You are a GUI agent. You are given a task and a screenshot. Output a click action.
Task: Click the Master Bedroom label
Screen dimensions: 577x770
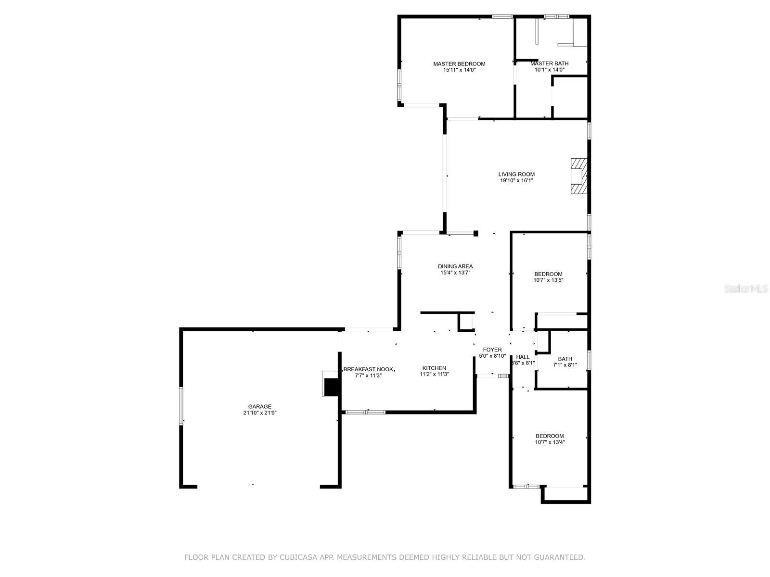[x=459, y=63]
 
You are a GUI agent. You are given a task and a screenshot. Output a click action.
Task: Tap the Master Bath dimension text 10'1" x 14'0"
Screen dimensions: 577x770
[x=549, y=70]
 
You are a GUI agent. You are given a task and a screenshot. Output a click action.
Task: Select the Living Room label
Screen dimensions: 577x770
[x=516, y=174]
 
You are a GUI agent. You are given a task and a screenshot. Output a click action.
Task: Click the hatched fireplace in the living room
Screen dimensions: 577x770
[x=579, y=176]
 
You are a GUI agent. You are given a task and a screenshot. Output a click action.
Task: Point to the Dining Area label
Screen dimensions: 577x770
[x=455, y=266]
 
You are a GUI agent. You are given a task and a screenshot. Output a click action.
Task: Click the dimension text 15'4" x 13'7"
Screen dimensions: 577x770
[x=455, y=273]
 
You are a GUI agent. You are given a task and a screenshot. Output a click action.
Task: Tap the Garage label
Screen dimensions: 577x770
[x=259, y=406]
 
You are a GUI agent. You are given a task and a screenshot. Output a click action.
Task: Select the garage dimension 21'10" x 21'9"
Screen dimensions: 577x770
[x=259, y=413]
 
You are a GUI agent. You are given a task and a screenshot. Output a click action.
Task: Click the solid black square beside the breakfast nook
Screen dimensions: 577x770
[x=331, y=386]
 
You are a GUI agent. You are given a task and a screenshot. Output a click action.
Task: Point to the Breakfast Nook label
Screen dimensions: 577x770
[x=368, y=369]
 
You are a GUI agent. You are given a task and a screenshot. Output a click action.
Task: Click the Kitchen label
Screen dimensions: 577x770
[x=434, y=368]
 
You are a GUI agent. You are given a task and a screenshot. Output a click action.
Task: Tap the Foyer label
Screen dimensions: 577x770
[x=492, y=350]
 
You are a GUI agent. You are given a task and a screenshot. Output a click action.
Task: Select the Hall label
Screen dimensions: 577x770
[x=523, y=357]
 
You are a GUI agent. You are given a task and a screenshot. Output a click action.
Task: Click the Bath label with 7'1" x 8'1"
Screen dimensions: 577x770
[x=565, y=359]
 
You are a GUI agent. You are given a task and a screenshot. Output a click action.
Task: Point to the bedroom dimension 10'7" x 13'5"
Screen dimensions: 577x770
[x=548, y=280]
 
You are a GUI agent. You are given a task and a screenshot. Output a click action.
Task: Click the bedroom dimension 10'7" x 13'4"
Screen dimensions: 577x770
[x=550, y=442]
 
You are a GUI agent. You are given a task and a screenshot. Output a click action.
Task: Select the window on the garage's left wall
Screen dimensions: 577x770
[x=181, y=406]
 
